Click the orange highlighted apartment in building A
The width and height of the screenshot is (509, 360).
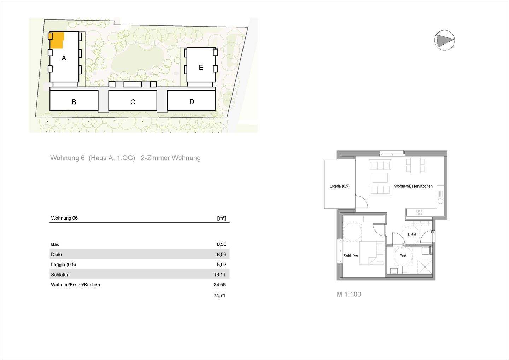coord(57,40)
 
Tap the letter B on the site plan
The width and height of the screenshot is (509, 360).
coord(74,102)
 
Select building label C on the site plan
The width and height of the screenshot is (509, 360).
coord(133,102)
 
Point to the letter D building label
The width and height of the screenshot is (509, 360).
coord(192,102)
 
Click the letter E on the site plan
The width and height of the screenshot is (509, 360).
coord(201,67)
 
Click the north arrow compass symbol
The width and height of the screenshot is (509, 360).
coord(444,40)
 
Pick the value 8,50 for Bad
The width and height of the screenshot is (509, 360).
coord(221,244)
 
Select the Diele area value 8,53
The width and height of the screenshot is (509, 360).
coord(221,254)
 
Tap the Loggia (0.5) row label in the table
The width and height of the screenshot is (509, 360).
coord(63,265)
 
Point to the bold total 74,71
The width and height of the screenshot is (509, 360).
coord(219,295)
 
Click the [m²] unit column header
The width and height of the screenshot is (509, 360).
coord(222,218)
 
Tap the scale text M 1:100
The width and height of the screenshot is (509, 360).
coord(349,294)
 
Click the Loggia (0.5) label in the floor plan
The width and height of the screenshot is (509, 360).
coord(339,186)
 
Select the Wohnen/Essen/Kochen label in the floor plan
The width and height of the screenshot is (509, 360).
coord(413,186)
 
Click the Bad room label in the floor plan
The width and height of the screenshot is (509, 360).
coord(403,256)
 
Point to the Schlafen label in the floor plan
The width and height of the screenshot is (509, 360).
coord(351,256)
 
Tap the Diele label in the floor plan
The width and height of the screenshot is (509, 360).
coord(412,234)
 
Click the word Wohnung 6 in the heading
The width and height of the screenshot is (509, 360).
coord(67,158)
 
